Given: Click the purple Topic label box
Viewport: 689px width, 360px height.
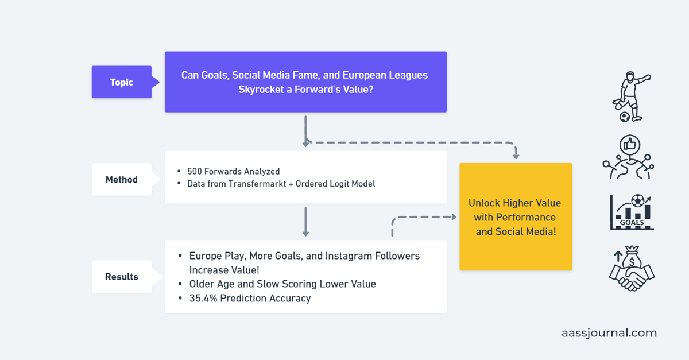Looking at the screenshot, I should (121, 82).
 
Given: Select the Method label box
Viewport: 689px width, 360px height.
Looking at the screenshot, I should (121, 180).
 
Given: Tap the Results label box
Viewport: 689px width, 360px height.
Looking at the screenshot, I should (121, 277).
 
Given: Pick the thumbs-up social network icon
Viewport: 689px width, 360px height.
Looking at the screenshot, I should (629, 157).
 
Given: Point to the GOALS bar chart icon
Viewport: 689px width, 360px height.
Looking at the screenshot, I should (632, 212).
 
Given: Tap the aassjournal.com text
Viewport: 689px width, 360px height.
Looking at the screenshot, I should (609, 333).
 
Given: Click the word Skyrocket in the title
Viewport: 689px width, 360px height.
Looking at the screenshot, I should (262, 89).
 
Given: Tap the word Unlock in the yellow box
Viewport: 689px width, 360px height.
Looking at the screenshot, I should (484, 203).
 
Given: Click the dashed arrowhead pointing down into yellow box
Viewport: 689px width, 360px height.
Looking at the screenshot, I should (516, 154).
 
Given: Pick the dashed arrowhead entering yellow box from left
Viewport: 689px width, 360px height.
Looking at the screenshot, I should (453, 217).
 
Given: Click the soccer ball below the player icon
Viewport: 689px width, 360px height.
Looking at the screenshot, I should (624, 117).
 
